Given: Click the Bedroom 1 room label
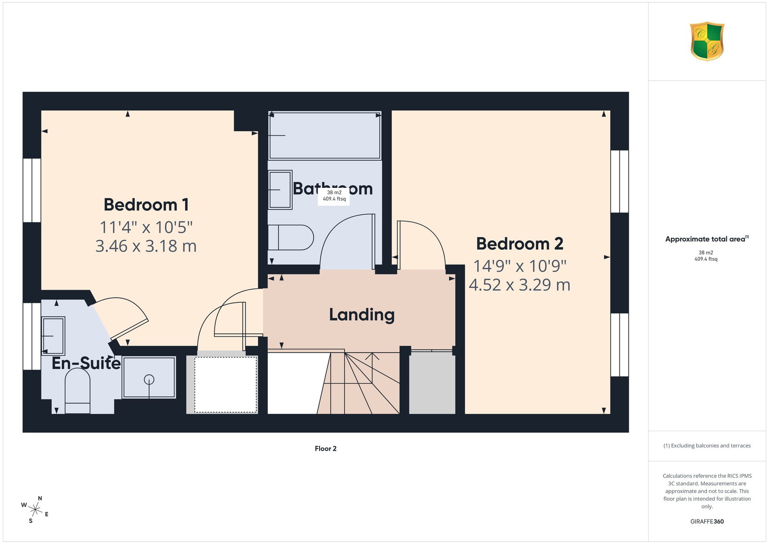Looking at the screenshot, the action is (x=146, y=205).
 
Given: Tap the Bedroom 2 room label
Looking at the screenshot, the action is (x=520, y=244).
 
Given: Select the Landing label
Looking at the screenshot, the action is (x=362, y=315).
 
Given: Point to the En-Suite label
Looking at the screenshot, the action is (x=86, y=363).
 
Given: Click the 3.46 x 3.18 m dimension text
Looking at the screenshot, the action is (x=146, y=246).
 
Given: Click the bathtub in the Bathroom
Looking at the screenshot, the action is (x=325, y=135).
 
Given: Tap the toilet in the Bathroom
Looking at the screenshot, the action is (x=290, y=237).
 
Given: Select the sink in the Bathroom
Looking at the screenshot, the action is (x=280, y=189).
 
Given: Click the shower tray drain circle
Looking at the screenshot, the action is (x=149, y=379).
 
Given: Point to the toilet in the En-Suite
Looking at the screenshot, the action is (x=77, y=391).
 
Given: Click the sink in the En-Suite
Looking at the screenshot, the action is (x=53, y=335).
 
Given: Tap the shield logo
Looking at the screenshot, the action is (x=707, y=41).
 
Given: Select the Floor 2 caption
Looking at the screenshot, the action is (x=325, y=448).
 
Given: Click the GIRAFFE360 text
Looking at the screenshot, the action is (x=707, y=521).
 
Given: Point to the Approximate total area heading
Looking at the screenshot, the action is (x=707, y=239).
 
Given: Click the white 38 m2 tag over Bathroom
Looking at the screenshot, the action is (x=334, y=196).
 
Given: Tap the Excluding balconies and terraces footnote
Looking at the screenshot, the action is (x=707, y=445).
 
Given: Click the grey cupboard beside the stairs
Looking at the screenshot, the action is (x=432, y=383).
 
